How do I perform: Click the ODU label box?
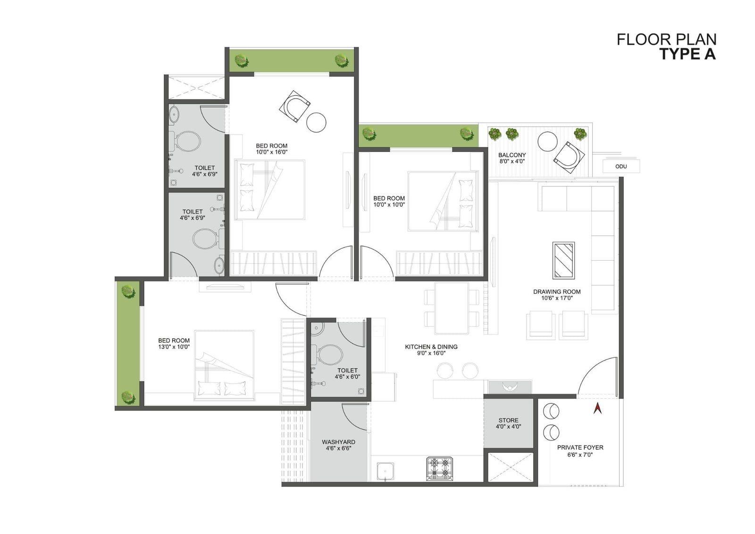pyautogui.click(x=621, y=166)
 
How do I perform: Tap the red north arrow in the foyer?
pyautogui.click(x=597, y=408)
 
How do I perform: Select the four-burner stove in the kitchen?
pyautogui.click(x=439, y=468)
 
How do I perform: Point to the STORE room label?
pyautogui.click(x=508, y=420)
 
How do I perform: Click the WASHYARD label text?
pyautogui.click(x=338, y=442)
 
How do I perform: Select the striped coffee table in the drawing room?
pyautogui.click(x=563, y=261)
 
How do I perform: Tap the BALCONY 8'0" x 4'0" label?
pyautogui.click(x=512, y=158)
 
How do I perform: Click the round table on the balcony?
pyautogui.click(x=547, y=142)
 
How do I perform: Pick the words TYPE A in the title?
pyautogui.click(x=688, y=54)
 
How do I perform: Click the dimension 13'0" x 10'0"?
pyautogui.click(x=174, y=347)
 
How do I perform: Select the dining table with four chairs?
pyautogui.click(x=452, y=308)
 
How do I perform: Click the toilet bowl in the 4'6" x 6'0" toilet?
pyautogui.click(x=328, y=355)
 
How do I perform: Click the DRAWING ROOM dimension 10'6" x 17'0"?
pyautogui.click(x=557, y=298)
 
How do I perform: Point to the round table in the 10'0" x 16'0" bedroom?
pyautogui.click(x=316, y=122)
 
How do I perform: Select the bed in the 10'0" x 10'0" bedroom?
pyautogui.click(x=443, y=202)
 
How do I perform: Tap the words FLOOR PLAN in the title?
pyautogui.click(x=667, y=40)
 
